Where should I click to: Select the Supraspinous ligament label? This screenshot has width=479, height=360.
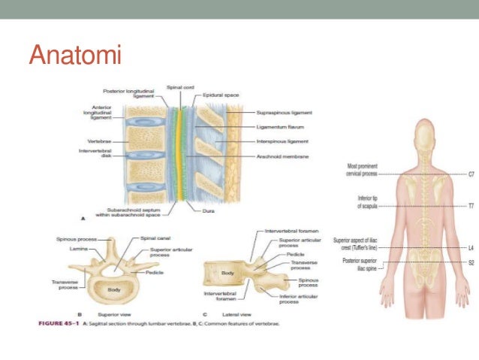click(284, 113)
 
